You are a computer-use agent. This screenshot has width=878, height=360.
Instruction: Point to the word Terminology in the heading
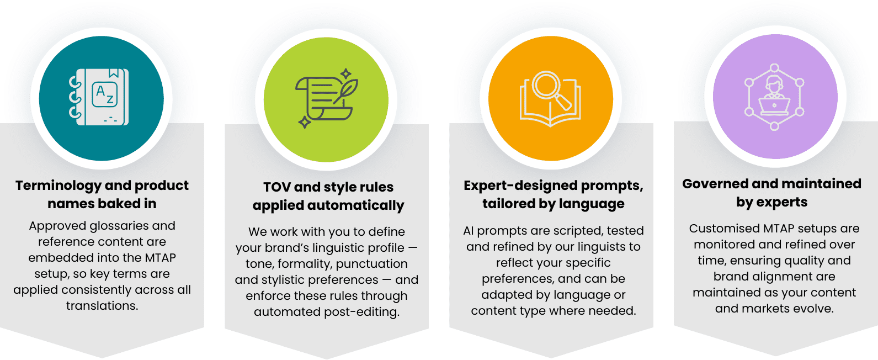coord(58,186)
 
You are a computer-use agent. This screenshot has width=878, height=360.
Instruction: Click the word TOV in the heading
coord(276,187)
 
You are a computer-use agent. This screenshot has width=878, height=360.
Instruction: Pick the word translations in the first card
coord(102,306)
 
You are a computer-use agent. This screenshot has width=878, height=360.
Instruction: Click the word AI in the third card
coord(469,231)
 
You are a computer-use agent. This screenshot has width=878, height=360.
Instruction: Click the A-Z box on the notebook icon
coord(104,94)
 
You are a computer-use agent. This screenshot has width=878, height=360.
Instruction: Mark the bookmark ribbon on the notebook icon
coord(114,73)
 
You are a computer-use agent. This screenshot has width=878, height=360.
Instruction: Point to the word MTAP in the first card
coord(160,258)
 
